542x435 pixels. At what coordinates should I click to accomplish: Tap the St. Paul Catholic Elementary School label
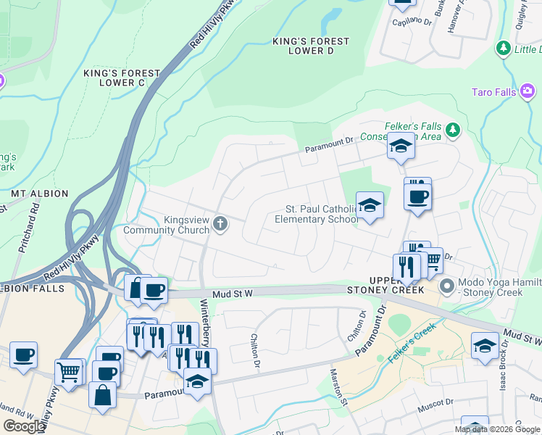(x=316, y=214)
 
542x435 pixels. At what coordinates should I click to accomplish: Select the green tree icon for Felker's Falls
(x=454, y=130)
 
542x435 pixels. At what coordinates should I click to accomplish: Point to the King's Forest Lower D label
(x=310, y=46)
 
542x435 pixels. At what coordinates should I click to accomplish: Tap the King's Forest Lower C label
(x=121, y=78)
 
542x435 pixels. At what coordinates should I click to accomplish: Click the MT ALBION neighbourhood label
(x=40, y=194)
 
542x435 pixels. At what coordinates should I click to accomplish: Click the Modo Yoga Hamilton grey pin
(x=447, y=286)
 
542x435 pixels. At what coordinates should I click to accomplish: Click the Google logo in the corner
(x=24, y=426)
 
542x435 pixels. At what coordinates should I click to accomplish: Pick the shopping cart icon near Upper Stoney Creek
(x=431, y=260)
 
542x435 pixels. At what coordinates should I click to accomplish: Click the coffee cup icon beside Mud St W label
(x=153, y=290)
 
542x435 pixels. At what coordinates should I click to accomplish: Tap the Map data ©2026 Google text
(x=497, y=429)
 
